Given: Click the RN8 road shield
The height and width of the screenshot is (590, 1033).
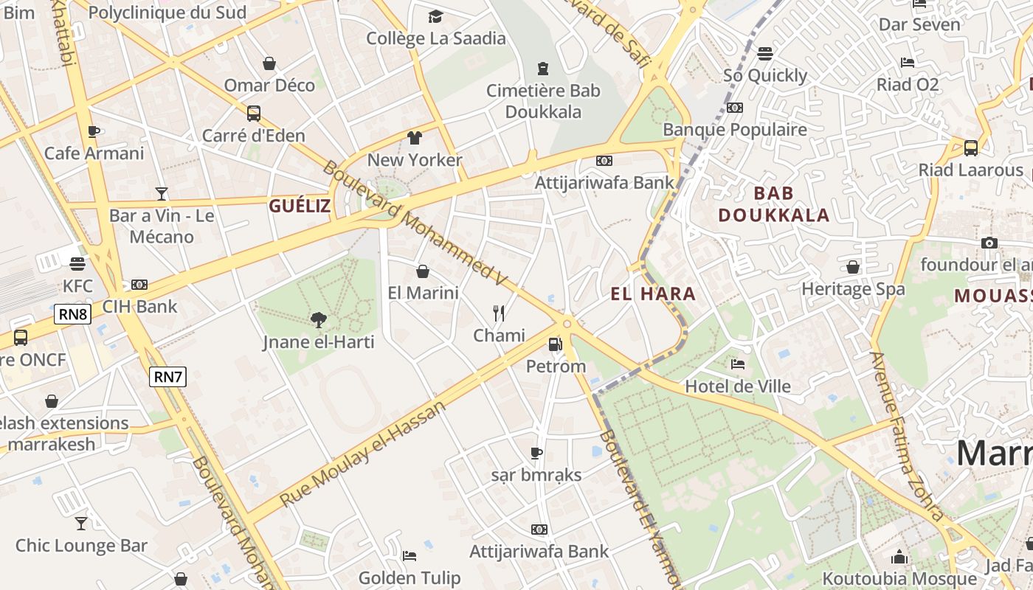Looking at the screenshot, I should point(73,315).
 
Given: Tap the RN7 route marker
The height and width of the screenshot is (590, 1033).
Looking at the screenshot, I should point(167,377).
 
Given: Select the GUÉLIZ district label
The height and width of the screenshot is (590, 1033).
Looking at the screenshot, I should point(300,206).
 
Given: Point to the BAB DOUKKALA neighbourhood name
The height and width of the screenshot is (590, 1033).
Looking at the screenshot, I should point(773,204).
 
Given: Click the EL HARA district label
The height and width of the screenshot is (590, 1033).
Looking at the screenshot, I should point(653,294).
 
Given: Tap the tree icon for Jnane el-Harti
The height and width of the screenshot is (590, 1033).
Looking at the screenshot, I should point(319,319).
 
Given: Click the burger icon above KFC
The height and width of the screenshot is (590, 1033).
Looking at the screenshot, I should point(77,263).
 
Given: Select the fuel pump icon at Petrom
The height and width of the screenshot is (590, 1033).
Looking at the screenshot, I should point(555,344).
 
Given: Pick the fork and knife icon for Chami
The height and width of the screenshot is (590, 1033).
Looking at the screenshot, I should point(499,313).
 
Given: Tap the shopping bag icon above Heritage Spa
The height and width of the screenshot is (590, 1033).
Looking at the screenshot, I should point(853,266).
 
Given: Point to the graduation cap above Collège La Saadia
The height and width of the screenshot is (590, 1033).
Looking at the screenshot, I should point(436,16).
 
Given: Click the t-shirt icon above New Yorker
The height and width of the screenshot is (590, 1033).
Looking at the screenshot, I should point(415,137).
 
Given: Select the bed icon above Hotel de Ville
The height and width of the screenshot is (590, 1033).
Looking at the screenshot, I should point(737,364).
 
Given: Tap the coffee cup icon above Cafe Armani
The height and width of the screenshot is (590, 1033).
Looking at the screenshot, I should point(94,131).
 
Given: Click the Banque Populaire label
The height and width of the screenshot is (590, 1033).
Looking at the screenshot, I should point(735,129).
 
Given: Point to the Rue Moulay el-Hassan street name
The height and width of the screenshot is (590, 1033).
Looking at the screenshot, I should point(363,454).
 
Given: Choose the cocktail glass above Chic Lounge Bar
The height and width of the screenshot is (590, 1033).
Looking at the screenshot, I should point(81,524).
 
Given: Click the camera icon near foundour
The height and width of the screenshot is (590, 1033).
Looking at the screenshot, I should point(989,243).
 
